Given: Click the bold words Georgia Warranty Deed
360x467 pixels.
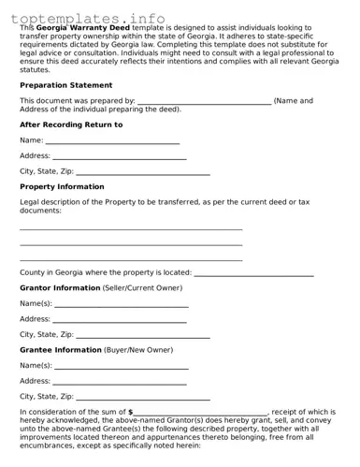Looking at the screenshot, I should click(93, 27).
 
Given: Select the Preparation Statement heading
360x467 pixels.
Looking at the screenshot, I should click(65, 84).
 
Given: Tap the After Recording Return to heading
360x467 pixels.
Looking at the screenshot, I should click(70, 124).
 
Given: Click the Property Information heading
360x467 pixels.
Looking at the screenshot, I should click(62, 186).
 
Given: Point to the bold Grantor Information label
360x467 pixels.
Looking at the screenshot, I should click(59, 287).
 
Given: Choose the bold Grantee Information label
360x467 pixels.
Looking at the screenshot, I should click(61, 349).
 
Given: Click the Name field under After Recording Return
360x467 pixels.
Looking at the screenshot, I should click(112, 140).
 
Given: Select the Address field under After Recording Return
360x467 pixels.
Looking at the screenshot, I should click(120, 156).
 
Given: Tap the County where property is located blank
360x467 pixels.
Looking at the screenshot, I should click(253, 272).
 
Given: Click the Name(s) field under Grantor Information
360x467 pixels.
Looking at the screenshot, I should click(122, 304).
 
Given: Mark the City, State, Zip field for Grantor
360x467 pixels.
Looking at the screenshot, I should click(142, 334).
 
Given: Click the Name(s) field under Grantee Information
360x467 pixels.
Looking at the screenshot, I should click(122, 365).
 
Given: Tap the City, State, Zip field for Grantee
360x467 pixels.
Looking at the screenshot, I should click(142, 396).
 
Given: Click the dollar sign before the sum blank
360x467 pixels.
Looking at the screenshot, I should click(131, 412).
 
